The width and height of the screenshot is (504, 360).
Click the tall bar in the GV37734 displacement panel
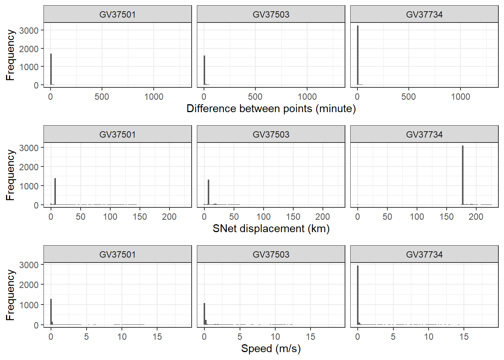pos(463,175)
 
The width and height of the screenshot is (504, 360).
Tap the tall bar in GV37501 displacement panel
pos(55,191)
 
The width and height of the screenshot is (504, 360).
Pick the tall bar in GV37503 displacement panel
pos(208,192)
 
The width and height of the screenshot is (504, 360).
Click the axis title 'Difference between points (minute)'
pos(271,109)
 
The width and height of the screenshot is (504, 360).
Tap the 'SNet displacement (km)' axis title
pos(271,229)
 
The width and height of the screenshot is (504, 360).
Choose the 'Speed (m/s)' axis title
pos(271,349)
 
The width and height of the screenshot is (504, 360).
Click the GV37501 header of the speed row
pos(117,255)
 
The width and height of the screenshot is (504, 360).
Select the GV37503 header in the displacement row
pos(271,135)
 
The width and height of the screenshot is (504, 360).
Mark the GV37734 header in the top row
pos(424,15)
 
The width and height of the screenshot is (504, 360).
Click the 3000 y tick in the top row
pos(29,30)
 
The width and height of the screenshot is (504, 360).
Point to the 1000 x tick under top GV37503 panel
pos(307,97)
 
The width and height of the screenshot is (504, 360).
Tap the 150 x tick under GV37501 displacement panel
pos(139,217)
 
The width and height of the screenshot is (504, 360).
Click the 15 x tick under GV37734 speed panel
pos(464,337)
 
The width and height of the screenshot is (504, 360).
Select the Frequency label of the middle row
pos(10,175)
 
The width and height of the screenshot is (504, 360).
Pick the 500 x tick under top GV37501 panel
pos(102,97)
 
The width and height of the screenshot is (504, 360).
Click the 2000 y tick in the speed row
pos(29,285)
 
